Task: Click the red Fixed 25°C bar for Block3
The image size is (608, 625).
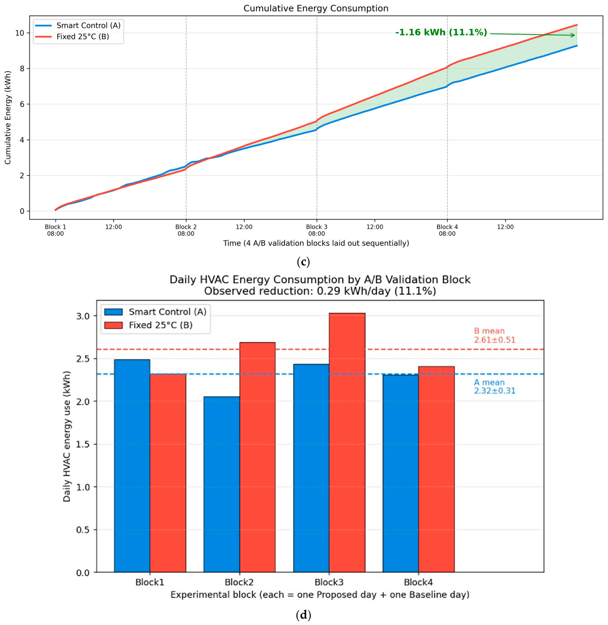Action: click(347, 442)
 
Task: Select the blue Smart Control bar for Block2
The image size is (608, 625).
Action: click(221, 484)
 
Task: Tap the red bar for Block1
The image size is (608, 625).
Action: click(168, 473)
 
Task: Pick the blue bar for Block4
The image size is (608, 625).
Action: click(401, 473)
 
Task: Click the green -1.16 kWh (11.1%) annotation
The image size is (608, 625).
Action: click(441, 32)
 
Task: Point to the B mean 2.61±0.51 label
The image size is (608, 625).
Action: click(494, 335)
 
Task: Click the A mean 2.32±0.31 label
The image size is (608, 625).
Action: click(494, 386)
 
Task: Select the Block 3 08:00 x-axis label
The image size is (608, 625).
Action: click(316, 230)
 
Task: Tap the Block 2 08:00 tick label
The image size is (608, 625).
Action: click(186, 230)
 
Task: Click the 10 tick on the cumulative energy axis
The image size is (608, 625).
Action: click(20, 33)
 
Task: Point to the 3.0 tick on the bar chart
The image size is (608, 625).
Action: click(83, 316)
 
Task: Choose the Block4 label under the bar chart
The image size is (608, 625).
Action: click(418, 582)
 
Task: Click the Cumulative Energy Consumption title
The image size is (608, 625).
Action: click(316, 8)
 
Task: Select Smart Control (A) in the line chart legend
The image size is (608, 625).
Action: click(88, 25)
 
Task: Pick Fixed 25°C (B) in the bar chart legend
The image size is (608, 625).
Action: click(161, 325)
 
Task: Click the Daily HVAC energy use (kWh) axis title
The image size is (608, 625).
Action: click(67, 436)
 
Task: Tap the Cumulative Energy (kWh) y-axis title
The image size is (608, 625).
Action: click(8, 118)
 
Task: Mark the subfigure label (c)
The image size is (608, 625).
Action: click(303, 262)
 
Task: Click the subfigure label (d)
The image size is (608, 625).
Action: click(303, 615)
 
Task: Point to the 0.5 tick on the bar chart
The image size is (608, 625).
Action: click(83, 530)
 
